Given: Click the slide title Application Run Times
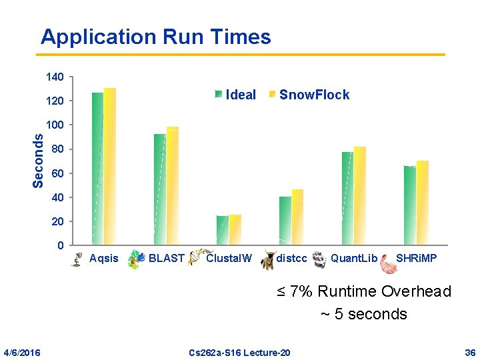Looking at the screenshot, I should (x=155, y=37).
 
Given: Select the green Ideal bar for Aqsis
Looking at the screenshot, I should (x=97, y=167).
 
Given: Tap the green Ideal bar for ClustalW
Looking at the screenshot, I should (x=222, y=230).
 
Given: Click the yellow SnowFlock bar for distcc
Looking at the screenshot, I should (x=297, y=217).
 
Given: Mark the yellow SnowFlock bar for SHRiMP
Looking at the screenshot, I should (x=423, y=203).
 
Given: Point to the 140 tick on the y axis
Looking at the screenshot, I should (x=55, y=78).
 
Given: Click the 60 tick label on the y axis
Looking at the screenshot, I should (x=57, y=173).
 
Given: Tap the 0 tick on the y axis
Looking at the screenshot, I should (x=61, y=245).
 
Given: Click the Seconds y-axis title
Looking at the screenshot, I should (x=39, y=161).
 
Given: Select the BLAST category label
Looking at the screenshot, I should (x=166, y=258).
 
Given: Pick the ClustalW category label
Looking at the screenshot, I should (x=229, y=258).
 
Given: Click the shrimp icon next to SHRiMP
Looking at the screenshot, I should (x=387, y=265).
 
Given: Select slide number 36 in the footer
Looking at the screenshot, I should (x=469, y=352).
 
